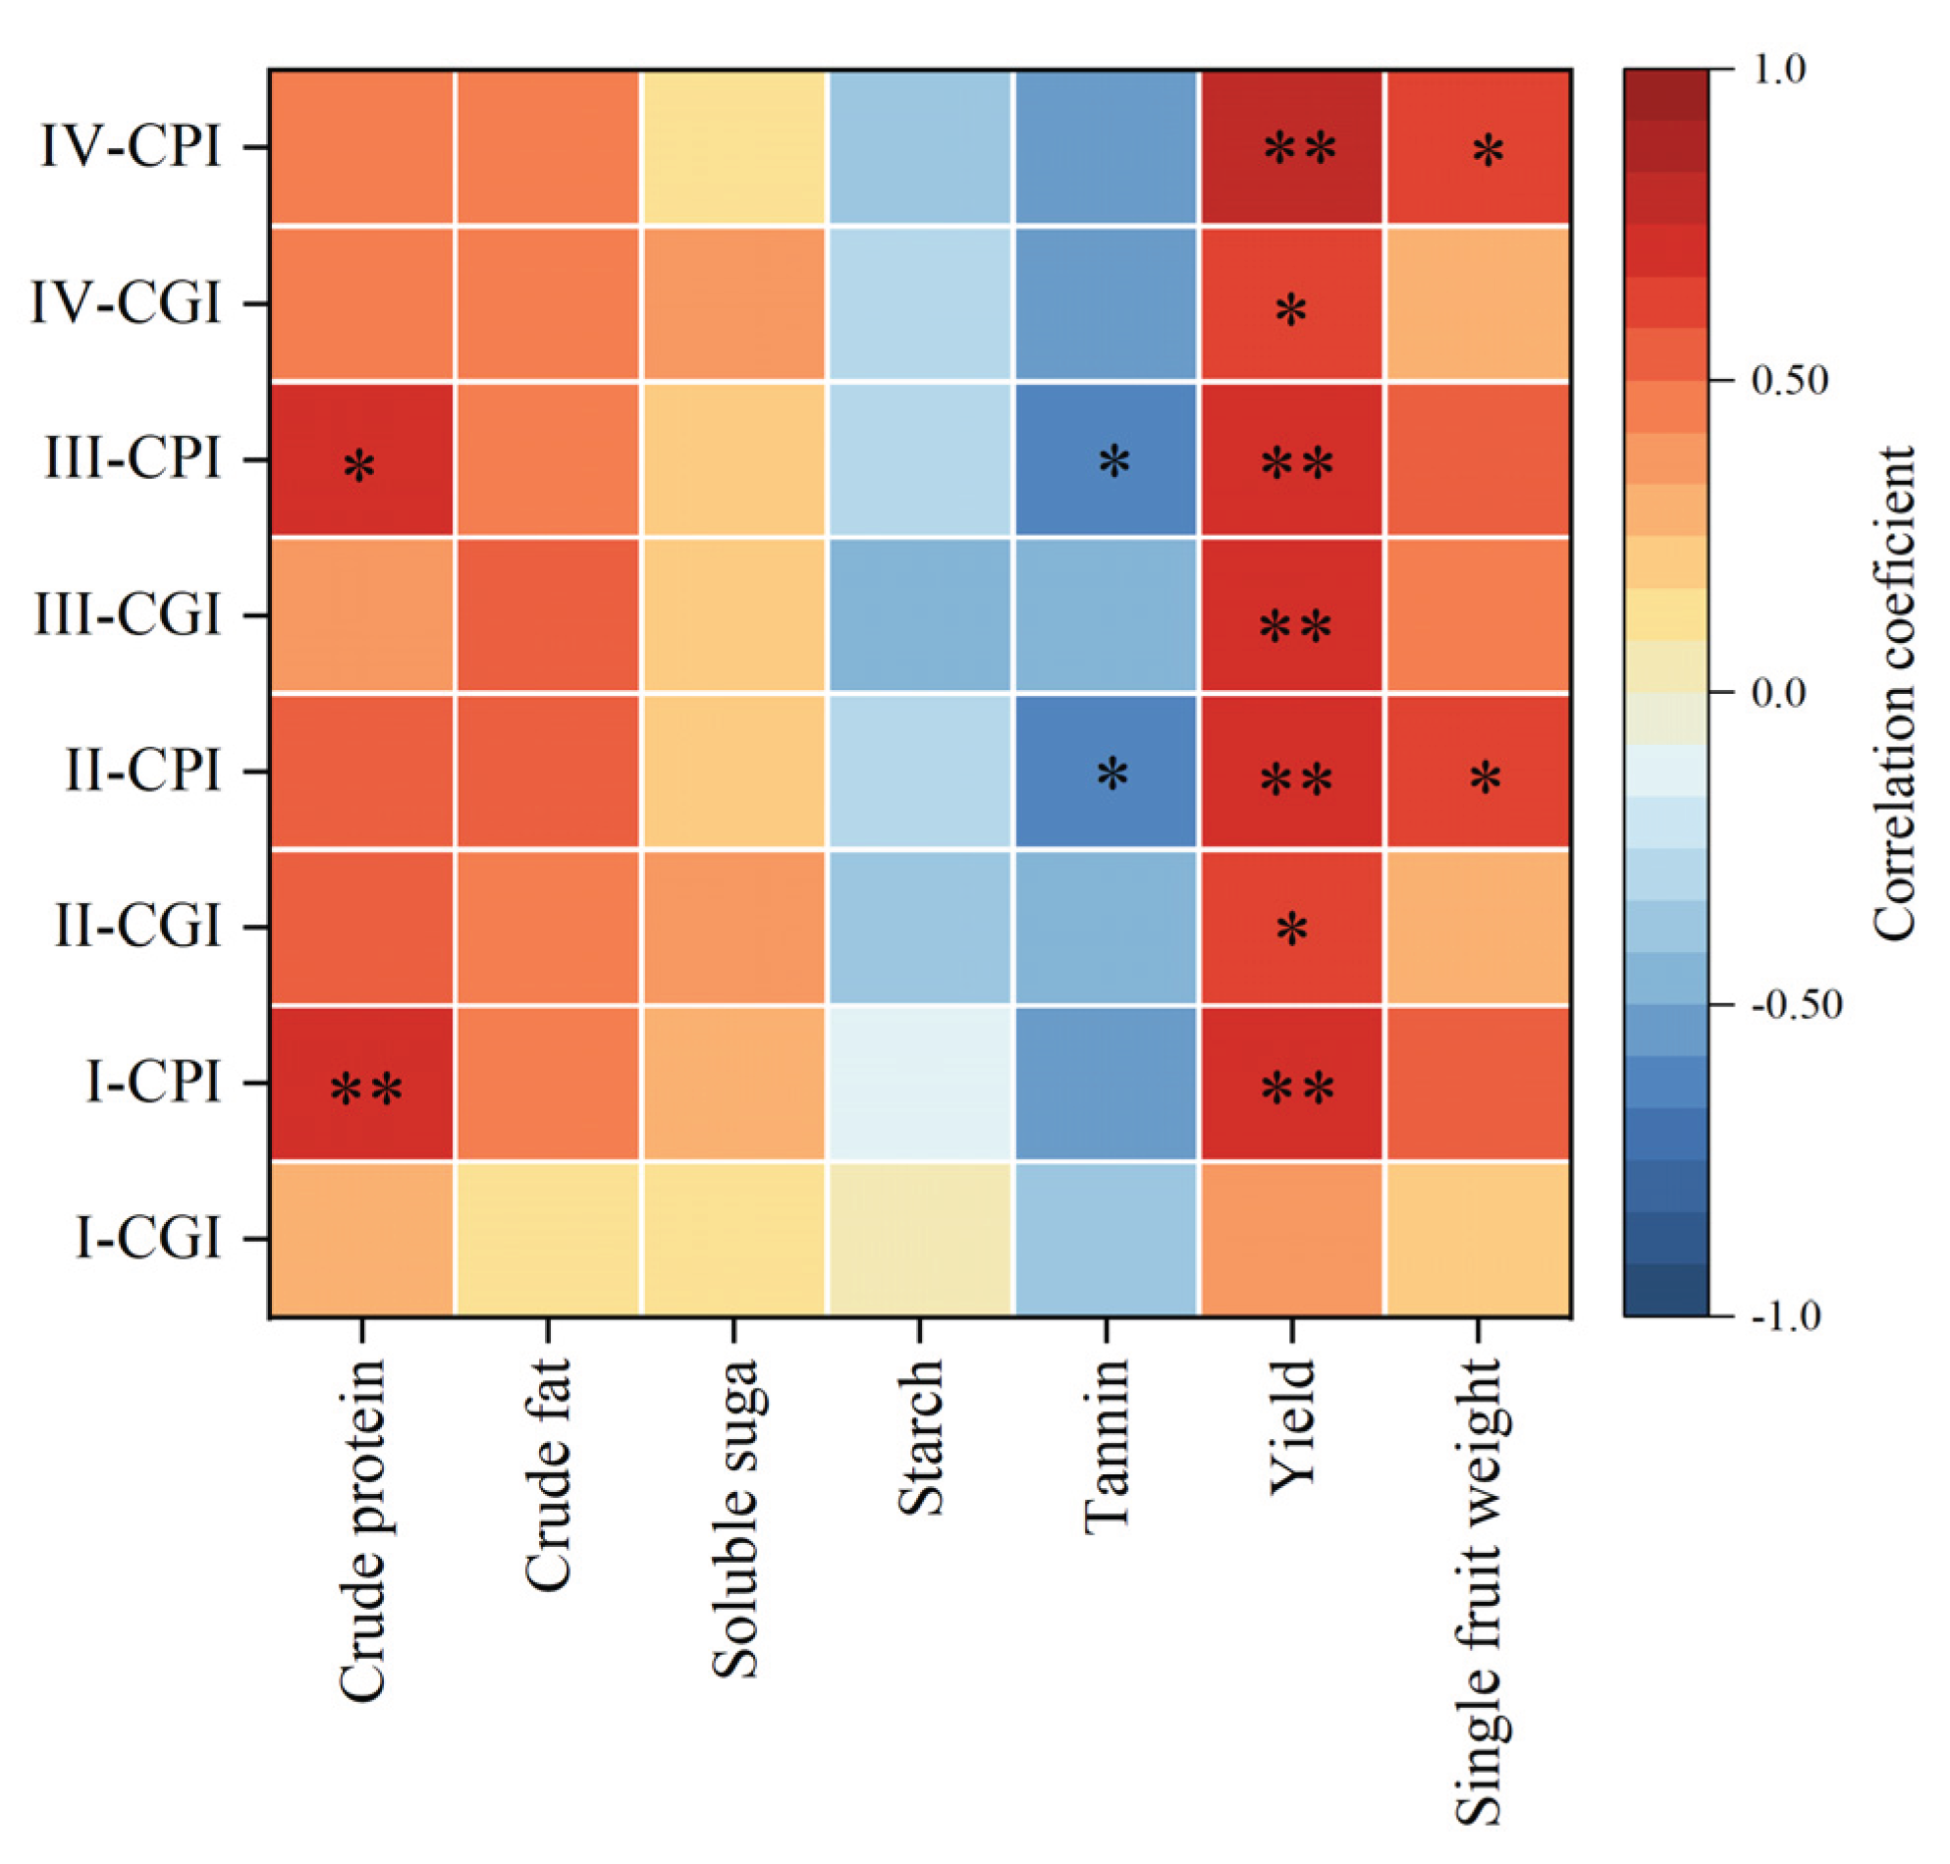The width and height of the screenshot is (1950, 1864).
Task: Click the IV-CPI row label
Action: (131, 147)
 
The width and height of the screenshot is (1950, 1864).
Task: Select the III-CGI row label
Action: (128, 615)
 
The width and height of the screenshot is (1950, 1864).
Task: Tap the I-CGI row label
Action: (148, 1238)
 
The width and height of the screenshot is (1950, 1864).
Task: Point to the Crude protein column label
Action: (361, 1530)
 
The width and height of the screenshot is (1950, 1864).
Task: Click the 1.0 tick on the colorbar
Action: (1778, 70)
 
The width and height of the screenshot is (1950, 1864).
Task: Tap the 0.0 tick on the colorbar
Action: (1778, 693)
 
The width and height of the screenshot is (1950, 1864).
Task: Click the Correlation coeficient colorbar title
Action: (1893, 693)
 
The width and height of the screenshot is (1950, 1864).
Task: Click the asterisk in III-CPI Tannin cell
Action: (1114, 462)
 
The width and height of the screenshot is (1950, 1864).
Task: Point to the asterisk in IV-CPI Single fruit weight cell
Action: (1487, 152)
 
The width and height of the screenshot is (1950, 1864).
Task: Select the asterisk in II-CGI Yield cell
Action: (1291, 930)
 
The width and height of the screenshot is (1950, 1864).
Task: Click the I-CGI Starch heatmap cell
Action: (919, 1238)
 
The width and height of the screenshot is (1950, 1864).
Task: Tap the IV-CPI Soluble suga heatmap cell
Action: (734, 147)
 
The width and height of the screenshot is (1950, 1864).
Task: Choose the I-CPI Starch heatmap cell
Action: (919, 1083)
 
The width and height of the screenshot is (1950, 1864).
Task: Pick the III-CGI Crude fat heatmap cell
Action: (548, 615)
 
